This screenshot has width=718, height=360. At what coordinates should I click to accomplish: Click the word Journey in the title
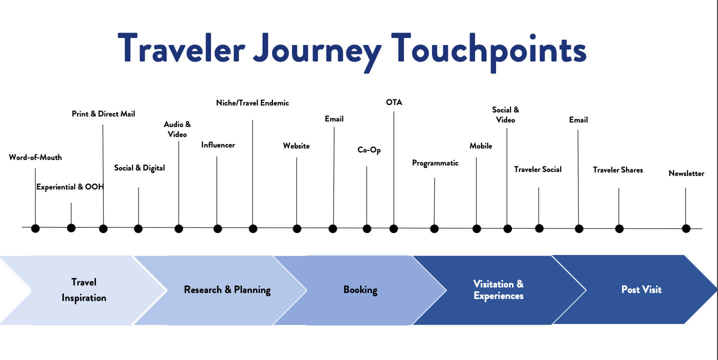[320, 49]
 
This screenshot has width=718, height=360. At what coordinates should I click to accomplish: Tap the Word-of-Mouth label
[35, 157]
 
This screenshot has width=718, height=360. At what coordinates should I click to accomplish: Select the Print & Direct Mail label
[103, 114]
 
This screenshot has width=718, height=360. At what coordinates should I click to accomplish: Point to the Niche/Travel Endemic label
[252, 103]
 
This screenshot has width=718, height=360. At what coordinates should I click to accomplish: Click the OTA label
[394, 102]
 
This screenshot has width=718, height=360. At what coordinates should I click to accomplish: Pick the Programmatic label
[435, 163]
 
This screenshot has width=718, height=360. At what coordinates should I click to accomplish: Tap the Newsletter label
[686, 173]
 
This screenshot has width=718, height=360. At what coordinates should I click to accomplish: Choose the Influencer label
[218, 145]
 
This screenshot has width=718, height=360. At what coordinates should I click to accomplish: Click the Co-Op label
[369, 149]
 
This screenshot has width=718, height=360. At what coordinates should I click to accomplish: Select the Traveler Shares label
[618, 170]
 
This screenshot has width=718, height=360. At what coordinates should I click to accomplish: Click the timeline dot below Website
[297, 228]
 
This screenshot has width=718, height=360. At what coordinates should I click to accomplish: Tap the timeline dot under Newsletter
[686, 228]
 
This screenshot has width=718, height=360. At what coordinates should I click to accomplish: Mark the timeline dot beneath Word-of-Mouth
[35, 228]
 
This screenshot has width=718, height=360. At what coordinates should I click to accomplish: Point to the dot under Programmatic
[434, 228]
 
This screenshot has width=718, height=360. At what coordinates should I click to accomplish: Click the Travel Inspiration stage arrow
[84, 290]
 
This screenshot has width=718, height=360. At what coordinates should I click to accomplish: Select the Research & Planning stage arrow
[227, 290]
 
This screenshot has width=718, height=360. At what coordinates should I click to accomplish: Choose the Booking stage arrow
[360, 290]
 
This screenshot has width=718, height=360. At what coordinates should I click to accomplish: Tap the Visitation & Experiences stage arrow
[498, 290]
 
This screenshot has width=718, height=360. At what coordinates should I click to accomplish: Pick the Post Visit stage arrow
[641, 290]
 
